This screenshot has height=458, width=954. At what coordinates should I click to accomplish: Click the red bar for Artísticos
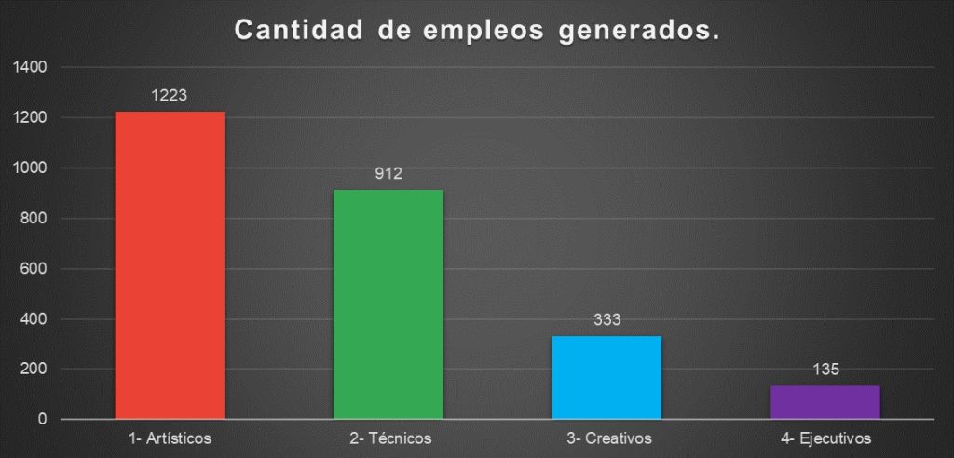pyautogui.click(x=170, y=265)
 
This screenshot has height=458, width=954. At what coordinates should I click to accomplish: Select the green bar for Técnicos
pyautogui.click(x=388, y=304)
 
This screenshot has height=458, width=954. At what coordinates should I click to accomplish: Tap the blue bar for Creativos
pyautogui.click(x=606, y=377)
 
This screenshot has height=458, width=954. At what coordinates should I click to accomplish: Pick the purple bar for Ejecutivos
pyautogui.click(x=825, y=402)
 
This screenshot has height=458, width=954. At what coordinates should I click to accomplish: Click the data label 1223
pyautogui.click(x=170, y=95)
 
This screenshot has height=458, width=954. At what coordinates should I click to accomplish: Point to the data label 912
pyautogui.click(x=388, y=173)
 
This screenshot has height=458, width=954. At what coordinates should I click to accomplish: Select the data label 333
pyautogui.click(x=606, y=319)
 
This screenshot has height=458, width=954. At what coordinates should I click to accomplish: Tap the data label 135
pyautogui.click(x=825, y=370)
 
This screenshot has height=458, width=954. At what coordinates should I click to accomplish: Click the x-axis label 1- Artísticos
pyautogui.click(x=170, y=437)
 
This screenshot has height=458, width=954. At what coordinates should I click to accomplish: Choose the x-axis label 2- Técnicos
pyautogui.click(x=388, y=437)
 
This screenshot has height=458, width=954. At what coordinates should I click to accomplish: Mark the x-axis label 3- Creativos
pyautogui.click(x=606, y=437)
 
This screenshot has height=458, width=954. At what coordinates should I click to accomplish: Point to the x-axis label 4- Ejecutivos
pyautogui.click(x=825, y=437)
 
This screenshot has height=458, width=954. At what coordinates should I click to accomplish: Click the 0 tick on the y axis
pyautogui.click(x=43, y=420)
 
